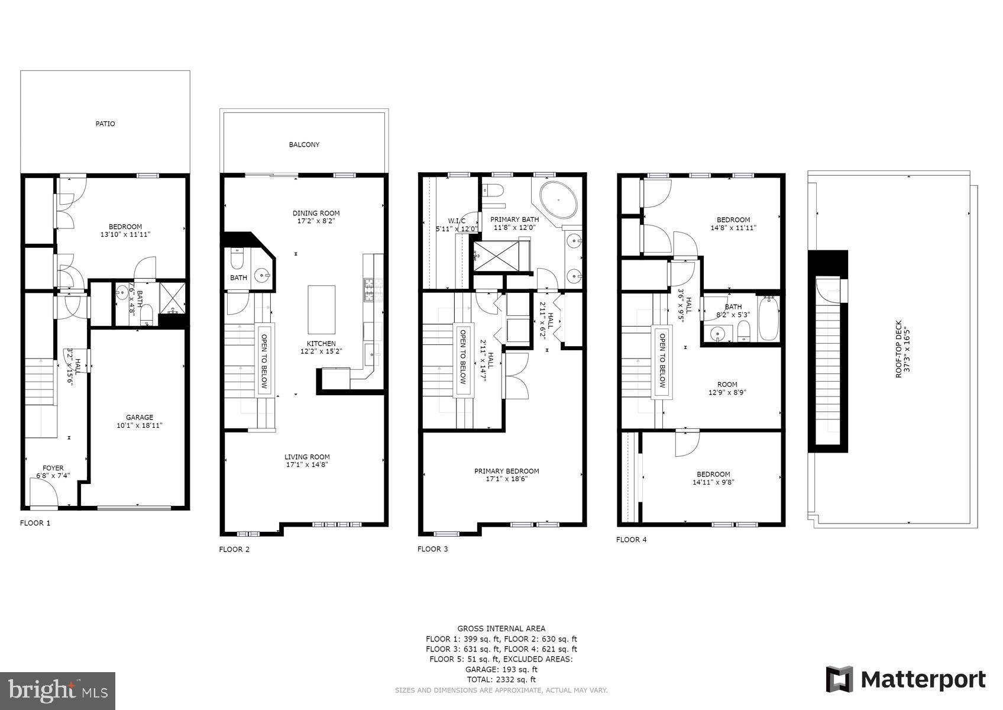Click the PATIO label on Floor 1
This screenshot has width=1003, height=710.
tap(105, 124)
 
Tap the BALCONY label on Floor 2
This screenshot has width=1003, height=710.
tap(304, 144)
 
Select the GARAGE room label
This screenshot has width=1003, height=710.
tap(140, 417)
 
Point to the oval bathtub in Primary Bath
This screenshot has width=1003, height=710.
tap(559, 200)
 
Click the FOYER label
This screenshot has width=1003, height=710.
tap(53, 468)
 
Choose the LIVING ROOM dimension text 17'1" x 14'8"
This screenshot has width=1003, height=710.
tap(307, 464)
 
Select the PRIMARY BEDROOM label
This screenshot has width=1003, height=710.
tap(506, 471)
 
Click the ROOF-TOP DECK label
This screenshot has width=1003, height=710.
tap(898, 349)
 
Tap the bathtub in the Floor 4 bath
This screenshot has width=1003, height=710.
tap(768, 319)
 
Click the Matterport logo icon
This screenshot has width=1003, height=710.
tap(839, 679)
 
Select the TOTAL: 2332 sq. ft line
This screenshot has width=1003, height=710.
tap(501, 680)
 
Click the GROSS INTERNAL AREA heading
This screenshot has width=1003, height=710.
tap(501, 628)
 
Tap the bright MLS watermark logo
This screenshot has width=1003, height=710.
tap(57, 690)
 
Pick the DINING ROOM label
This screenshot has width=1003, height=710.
tap(316, 213)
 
